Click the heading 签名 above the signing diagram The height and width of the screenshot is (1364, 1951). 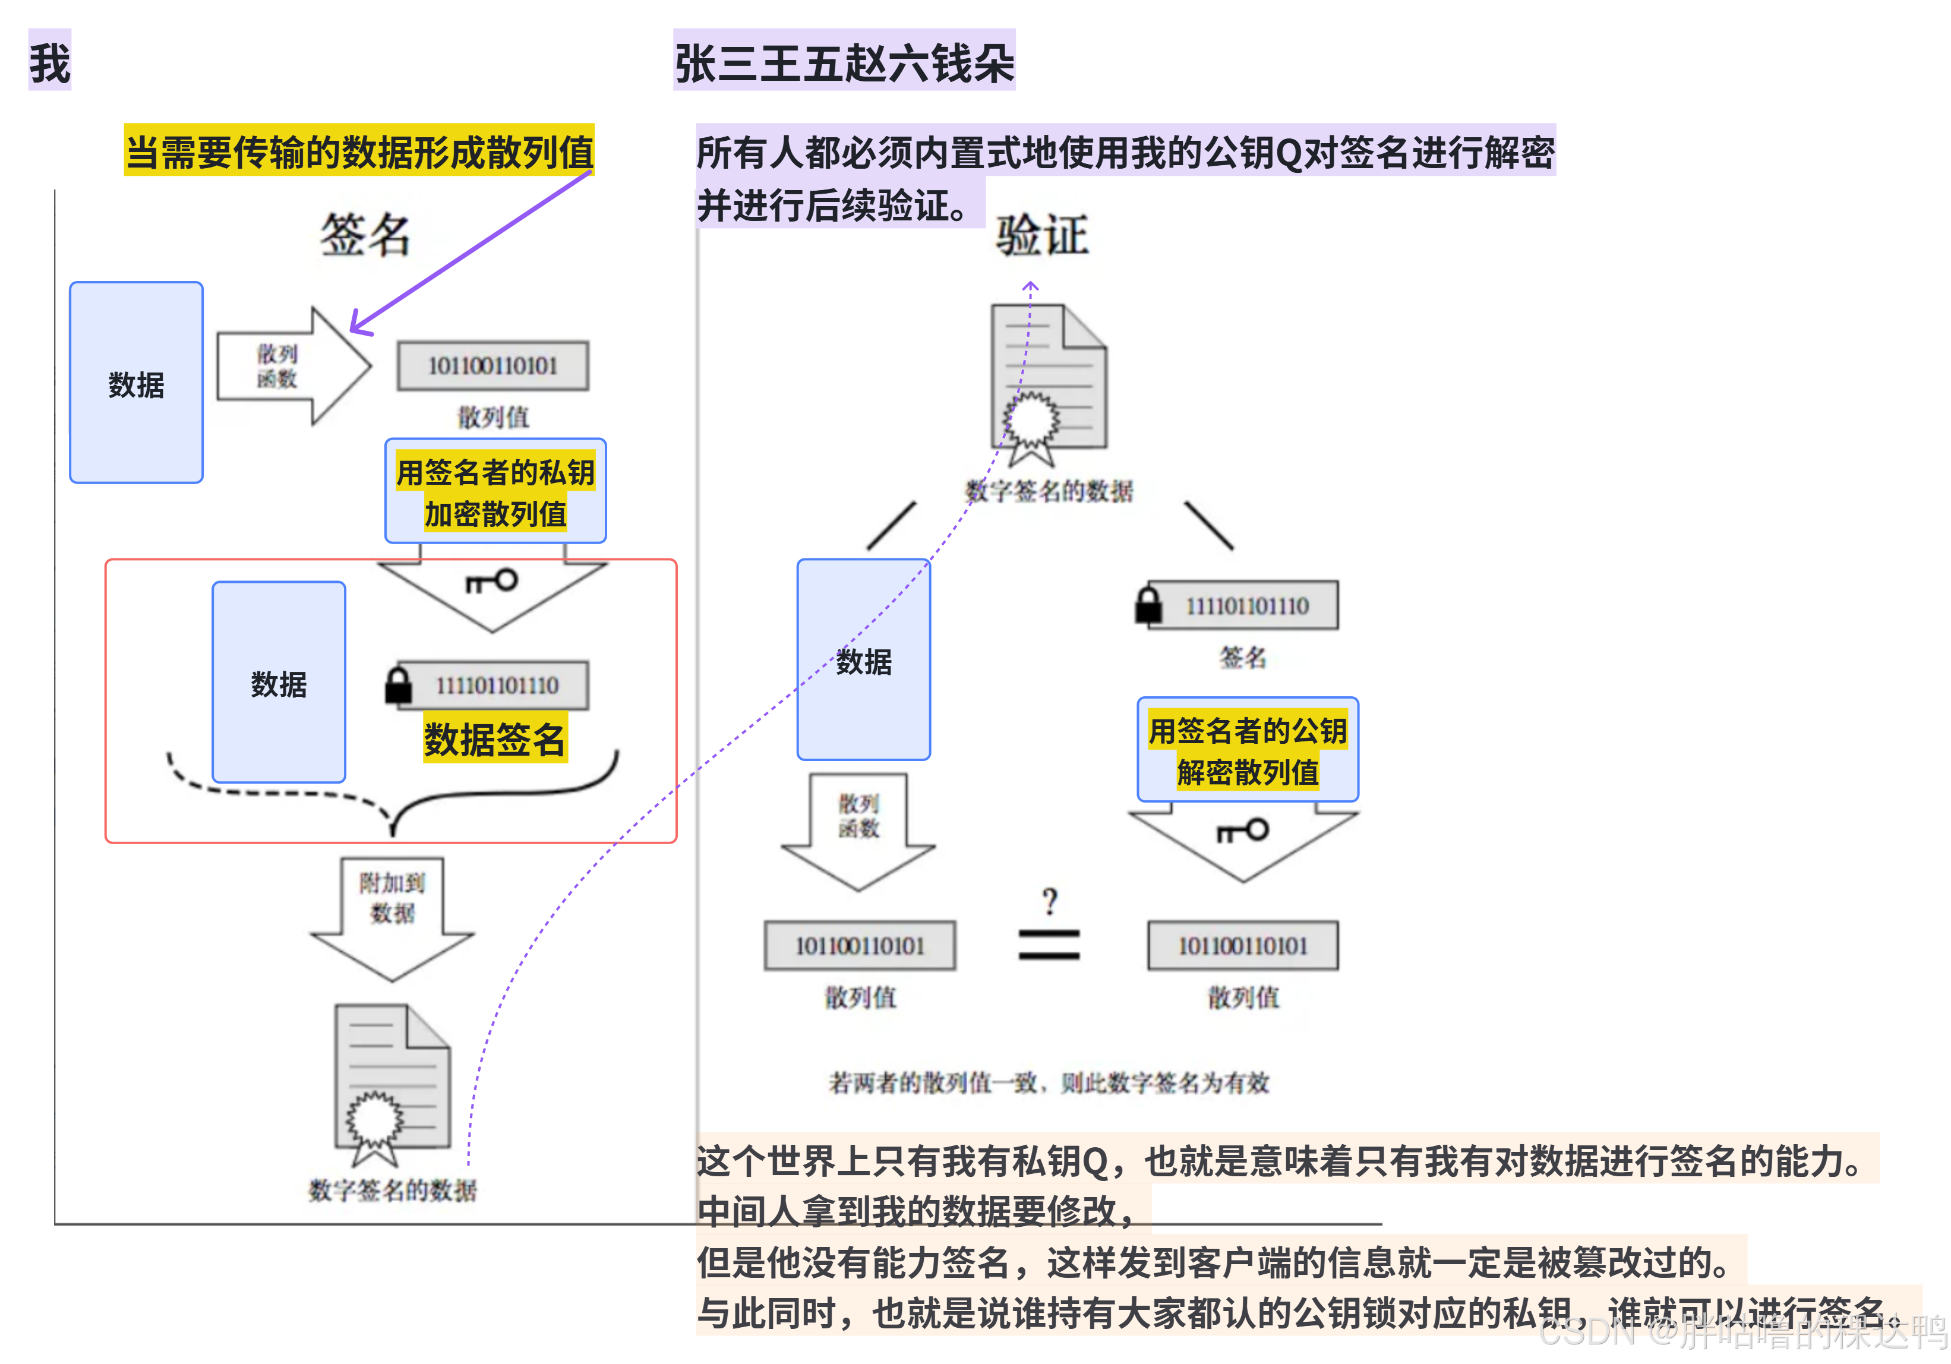click(x=365, y=235)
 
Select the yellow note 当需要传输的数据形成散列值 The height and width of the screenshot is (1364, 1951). click(x=359, y=151)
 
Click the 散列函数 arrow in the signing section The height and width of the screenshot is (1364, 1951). click(x=292, y=367)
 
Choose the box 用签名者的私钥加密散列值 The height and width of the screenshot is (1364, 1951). click(x=495, y=491)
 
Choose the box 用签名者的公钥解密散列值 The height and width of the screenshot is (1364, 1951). click(x=1248, y=750)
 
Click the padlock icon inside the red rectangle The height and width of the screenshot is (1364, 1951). click(x=397, y=685)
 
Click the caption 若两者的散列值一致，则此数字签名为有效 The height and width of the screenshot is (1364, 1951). click(x=1049, y=1082)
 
